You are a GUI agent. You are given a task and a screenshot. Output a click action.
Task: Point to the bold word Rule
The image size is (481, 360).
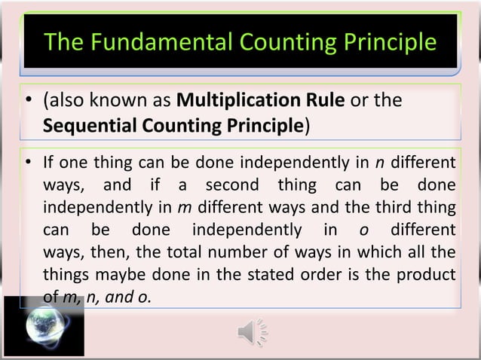click(x=326, y=101)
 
